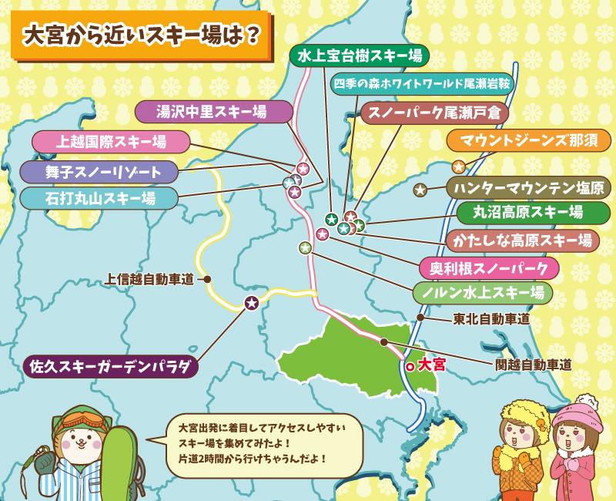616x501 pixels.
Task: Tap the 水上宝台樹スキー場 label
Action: pos(360,55)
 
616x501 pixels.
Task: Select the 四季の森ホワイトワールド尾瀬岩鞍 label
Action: pos(422,82)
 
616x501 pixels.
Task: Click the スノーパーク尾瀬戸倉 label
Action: pos(434,113)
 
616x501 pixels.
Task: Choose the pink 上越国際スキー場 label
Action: pos(111,142)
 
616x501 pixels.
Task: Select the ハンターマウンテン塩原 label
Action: pos(527,187)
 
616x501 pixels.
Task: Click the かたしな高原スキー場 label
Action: pos(523,240)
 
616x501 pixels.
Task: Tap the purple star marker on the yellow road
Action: pos(251,303)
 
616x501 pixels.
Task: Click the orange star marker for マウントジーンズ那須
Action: pos(458,166)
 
